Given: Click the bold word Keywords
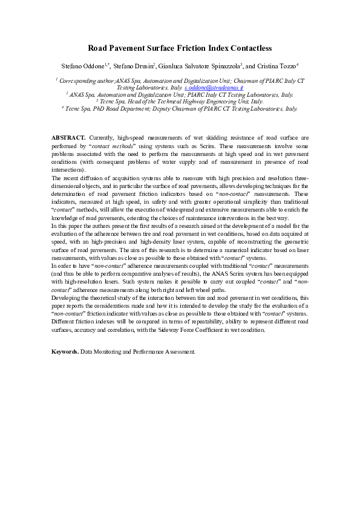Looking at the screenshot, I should point(65,351).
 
